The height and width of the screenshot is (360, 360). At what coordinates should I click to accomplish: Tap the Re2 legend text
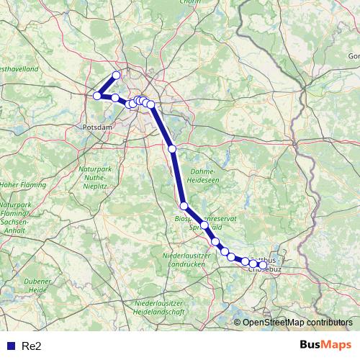click(x=32, y=346)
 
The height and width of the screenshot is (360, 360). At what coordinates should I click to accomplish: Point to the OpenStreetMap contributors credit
click(x=297, y=323)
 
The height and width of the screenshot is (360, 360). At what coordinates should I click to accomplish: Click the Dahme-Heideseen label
click(x=206, y=176)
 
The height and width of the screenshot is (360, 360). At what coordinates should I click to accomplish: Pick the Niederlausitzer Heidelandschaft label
click(x=160, y=308)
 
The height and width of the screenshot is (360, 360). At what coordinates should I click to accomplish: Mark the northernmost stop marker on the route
click(x=116, y=76)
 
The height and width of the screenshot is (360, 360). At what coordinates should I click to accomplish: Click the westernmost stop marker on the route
click(x=96, y=96)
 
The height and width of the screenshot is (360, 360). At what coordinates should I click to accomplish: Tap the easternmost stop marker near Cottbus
click(x=263, y=265)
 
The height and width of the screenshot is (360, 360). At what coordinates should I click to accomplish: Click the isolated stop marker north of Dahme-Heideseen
click(x=172, y=149)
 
